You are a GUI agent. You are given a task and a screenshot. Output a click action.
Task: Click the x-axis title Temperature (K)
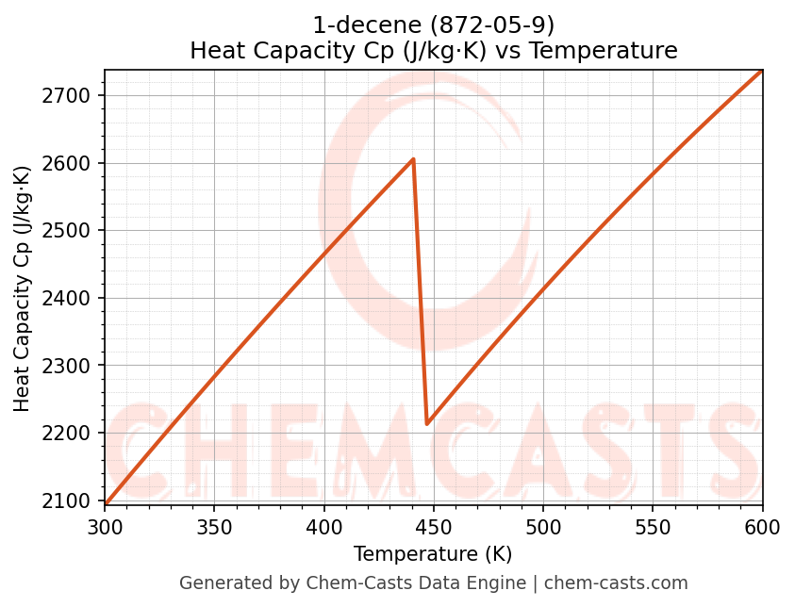pyautogui.click(x=433, y=554)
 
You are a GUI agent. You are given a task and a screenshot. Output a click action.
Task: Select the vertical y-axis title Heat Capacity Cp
pyautogui.click(x=23, y=288)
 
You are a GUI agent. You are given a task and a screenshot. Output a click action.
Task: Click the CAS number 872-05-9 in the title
pyautogui.click(x=492, y=25)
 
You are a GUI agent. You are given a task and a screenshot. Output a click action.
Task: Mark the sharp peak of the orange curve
pyautogui.click(x=413, y=159)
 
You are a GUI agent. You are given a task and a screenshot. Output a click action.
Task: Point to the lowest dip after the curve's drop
pyautogui.click(x=427, y=424)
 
